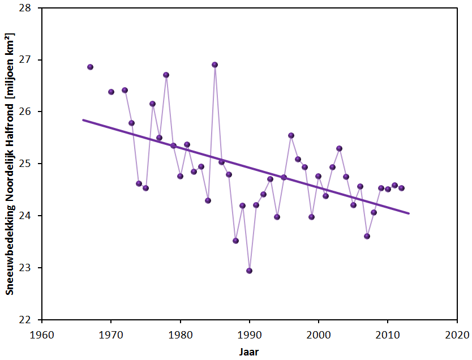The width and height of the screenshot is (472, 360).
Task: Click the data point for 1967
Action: [90, 67]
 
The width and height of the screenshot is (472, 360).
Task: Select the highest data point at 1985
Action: [215, 65]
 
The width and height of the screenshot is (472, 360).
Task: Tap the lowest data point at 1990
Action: [250, 271]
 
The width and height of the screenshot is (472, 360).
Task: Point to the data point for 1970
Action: [111, 92]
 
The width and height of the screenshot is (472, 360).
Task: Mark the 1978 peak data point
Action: [166, 75]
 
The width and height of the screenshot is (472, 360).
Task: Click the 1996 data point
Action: [291, 135]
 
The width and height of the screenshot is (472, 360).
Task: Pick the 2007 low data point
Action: [367, 236]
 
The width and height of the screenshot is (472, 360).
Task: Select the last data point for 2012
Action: [401, 188]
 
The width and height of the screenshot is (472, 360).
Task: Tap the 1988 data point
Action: [235, 241]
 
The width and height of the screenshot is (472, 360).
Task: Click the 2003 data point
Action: [339, 148]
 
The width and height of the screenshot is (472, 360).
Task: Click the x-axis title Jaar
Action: [249, 352]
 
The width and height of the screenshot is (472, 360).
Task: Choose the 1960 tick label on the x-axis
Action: [42, 334]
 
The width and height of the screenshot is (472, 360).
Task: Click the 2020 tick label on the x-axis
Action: [457, 334]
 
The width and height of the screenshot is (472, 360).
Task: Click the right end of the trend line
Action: [408, 213]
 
